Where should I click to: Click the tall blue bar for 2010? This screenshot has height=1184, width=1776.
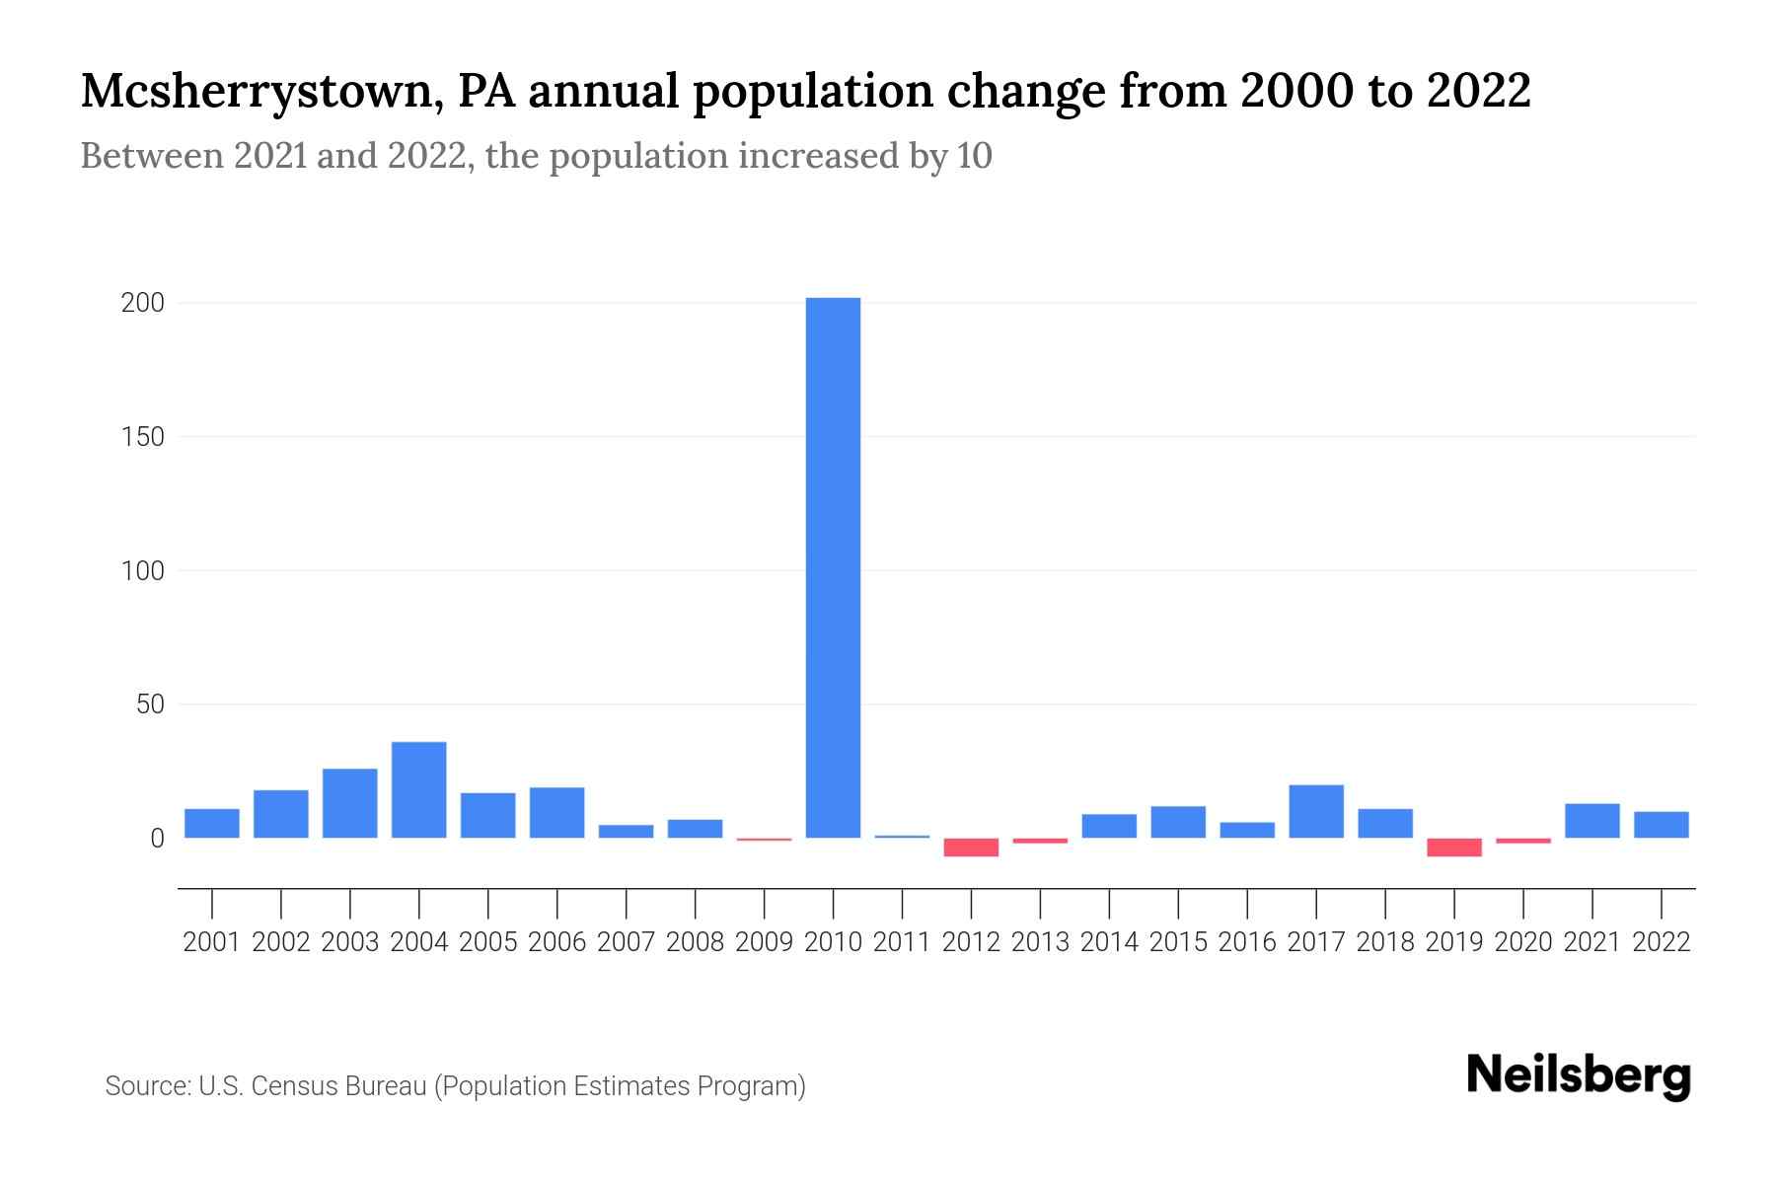point(833,567)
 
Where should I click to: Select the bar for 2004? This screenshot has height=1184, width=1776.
point(418,790)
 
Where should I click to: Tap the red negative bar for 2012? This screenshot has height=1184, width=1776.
point(971,848)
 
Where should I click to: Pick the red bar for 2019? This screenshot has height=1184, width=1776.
point(1454,848)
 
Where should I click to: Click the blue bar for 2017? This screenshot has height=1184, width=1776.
point(1316,812)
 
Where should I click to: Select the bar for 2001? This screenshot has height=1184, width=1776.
point(211,824)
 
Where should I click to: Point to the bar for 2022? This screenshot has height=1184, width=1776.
point(1662,825)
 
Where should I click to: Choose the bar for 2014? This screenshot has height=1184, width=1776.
point(1109,826)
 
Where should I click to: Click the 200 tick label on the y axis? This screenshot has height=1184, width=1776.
point(142,303)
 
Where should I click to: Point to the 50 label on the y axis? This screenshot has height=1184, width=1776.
point(150,704)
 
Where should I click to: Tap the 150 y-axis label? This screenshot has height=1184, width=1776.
point(142,437)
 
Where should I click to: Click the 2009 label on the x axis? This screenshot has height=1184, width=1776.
point(764,942)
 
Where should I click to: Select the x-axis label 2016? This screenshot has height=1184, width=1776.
point(1247,942)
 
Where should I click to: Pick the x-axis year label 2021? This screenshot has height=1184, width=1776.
point(1592,942)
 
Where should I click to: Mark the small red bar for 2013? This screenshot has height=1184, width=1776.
point(1040,841)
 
